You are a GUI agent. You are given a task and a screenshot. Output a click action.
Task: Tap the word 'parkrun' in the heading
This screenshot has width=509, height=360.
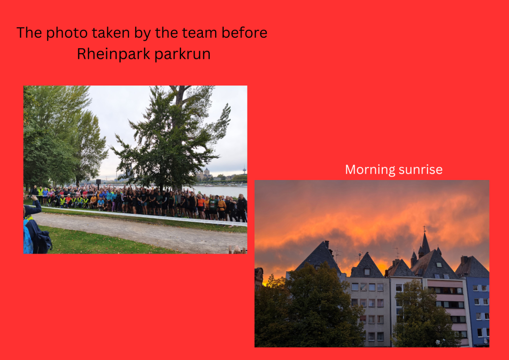coord(182,54)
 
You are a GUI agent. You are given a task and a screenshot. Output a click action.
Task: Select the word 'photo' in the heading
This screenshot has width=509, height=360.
coord(67,33)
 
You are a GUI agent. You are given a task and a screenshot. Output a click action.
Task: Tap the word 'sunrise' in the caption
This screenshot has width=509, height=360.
coord(421,170)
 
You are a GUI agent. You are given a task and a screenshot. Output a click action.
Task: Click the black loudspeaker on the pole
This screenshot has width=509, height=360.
coord(98,182)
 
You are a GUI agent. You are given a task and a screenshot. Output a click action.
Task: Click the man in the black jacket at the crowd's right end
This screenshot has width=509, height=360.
coord(242,208)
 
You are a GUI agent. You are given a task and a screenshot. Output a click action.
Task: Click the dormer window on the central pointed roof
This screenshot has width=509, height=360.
coord(367,271)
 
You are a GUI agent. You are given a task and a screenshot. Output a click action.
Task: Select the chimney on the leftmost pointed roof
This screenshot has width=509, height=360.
coord(327,244)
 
